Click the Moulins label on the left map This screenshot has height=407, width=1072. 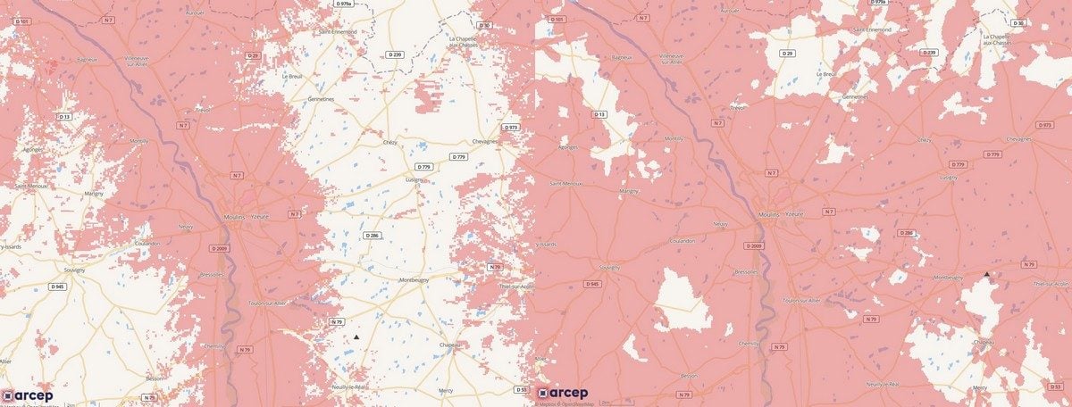[231, 215]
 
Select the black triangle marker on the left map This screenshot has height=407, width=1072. [356, 336]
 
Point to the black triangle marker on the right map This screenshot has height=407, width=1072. [986, 274]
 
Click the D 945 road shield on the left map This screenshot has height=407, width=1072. [57, 287]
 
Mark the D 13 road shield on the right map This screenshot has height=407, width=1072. [599, 115]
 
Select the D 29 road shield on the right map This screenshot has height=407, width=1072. [786, 54]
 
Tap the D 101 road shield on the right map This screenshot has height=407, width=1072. [558, 18]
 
